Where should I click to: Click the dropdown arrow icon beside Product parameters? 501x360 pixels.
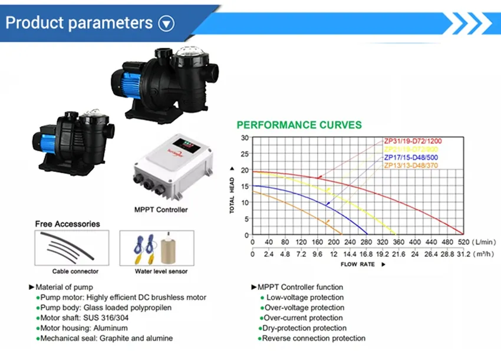tap(167, 24)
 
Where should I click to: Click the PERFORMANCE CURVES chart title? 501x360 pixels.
tap(299, 125)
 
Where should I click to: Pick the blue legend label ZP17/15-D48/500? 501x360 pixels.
tap(411, 157)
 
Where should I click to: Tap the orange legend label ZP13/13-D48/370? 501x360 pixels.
tap(411, 166)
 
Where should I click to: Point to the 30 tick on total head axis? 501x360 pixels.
tap(245, 138)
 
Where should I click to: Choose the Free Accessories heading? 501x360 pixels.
tap(67, 224)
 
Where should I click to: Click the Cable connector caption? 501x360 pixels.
tap(75, 272)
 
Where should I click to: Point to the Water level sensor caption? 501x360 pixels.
tap(161, 272)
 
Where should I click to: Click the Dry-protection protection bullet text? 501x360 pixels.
tap(305, 328)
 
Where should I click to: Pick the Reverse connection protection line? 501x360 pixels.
tap(314, 338)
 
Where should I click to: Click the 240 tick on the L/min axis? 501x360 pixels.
tap(350, 242)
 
